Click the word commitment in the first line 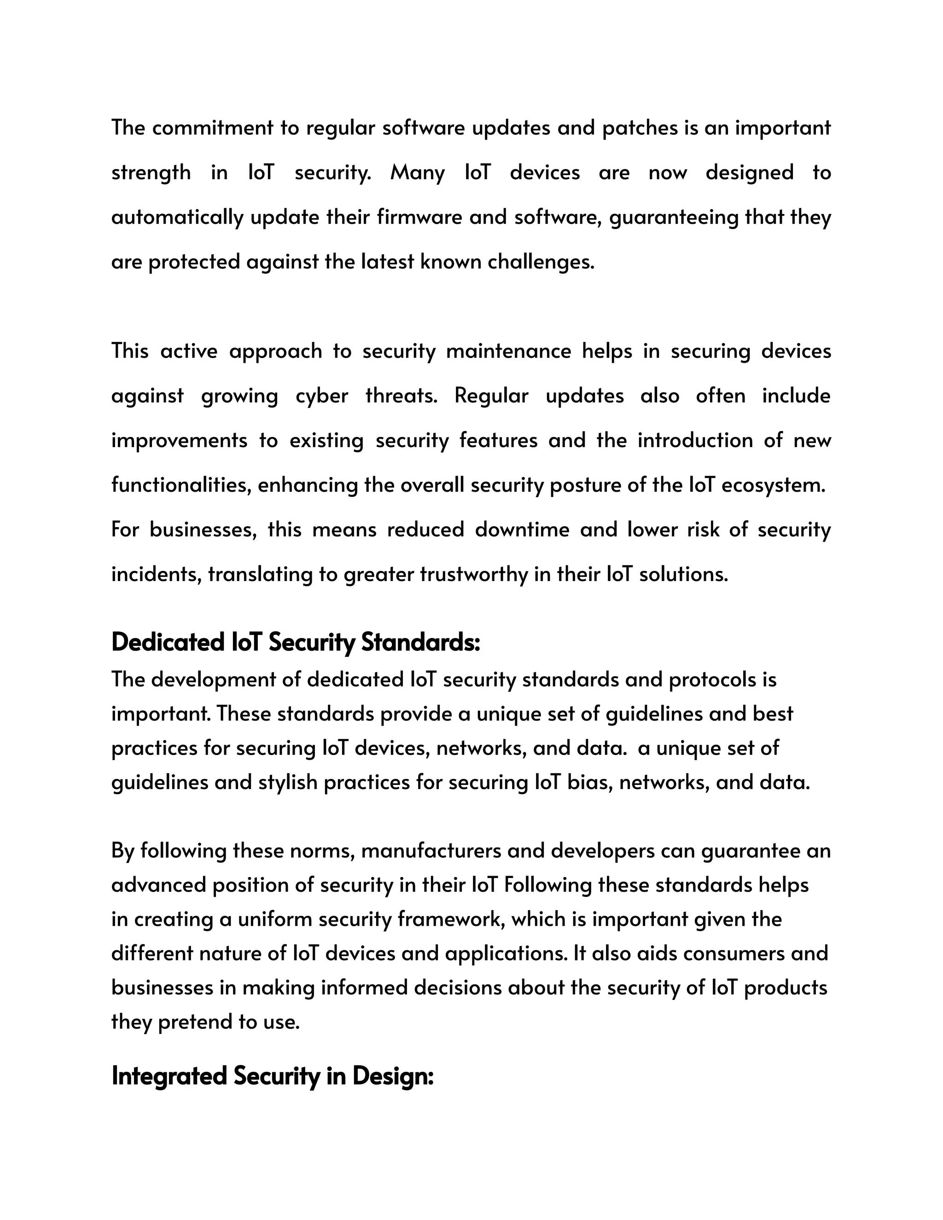(212, 128)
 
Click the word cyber (321, 395)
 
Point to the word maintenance (508, 351)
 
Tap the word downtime (522, 529)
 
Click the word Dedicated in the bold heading (167, 642)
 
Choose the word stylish (288, 782)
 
